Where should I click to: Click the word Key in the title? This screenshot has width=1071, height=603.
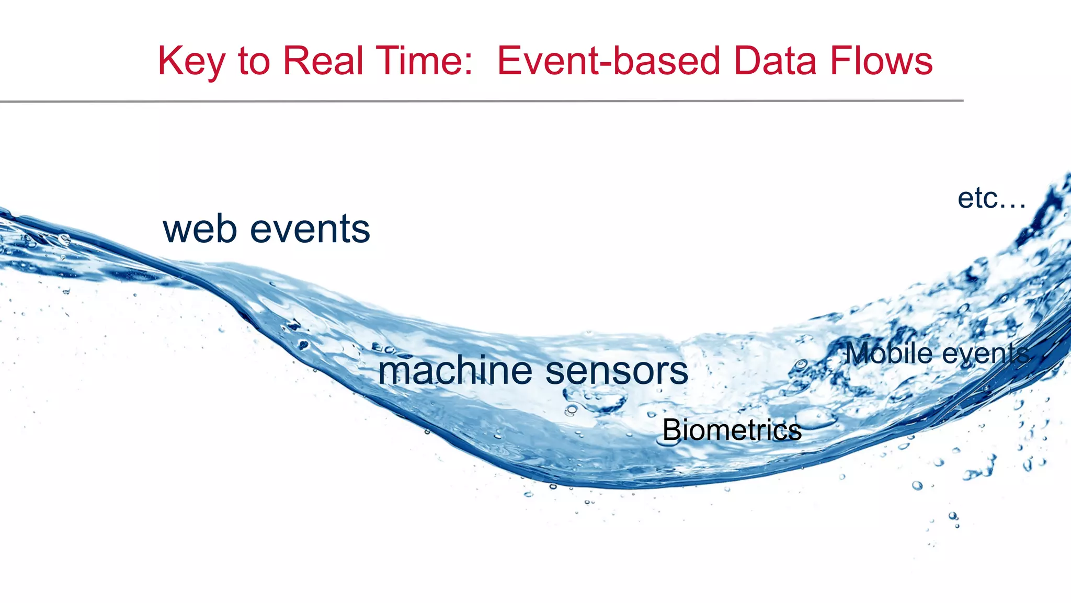191,62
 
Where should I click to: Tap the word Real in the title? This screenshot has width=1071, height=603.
323,61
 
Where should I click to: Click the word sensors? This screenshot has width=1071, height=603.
617,371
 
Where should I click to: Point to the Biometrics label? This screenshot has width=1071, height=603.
732,430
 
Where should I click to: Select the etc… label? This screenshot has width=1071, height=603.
992,199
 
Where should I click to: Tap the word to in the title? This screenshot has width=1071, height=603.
254,61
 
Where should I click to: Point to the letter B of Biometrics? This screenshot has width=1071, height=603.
671,430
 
